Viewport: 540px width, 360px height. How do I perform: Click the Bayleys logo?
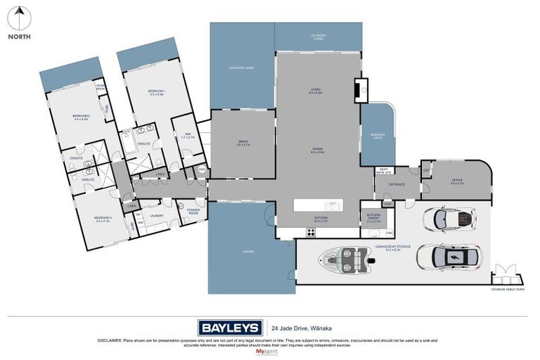pos(230,328)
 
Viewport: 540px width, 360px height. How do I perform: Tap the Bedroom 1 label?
pos(156,92)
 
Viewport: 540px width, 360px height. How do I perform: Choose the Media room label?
pos(243,143)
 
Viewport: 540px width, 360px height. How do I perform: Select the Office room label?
pos(457,181)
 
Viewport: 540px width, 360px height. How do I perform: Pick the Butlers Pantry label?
pos(373,219)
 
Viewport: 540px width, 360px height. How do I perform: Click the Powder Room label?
pos(193,212)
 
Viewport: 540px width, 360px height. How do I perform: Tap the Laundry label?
pos(157,217)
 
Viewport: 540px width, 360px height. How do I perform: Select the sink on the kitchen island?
pos(333,206)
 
